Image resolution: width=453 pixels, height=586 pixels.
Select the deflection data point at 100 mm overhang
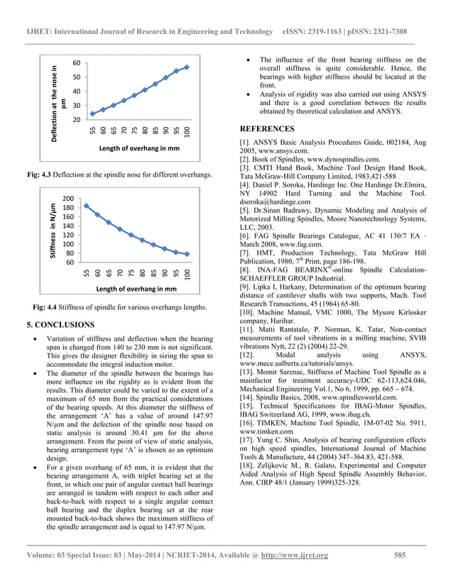click(187, 67)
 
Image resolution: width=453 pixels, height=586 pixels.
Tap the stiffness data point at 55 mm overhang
click(87, 206)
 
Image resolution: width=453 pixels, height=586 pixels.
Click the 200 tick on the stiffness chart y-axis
click(68, 198)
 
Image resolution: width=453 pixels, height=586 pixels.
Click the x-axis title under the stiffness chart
click(136, 289)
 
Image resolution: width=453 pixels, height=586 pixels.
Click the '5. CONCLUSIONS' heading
click(60, 325)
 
